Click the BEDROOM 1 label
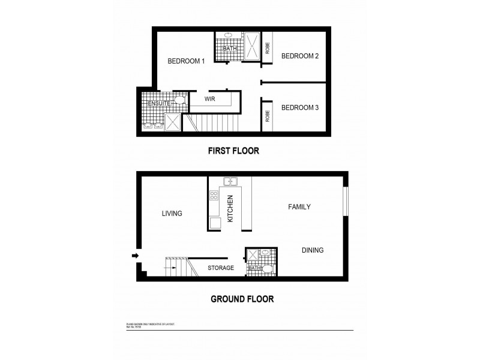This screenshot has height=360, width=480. click(x=186, y=61)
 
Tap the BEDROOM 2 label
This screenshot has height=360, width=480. click(x=299, y=56)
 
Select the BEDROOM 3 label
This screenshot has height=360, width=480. click(x=299, y=107)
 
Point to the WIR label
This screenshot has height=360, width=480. click(x=210, y=98)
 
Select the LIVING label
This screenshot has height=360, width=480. click(x=172, y=213)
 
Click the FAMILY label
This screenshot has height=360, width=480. click(x=299, y=207)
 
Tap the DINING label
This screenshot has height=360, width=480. click(x=313, y=250)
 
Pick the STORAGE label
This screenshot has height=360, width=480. click(x=221, y=268)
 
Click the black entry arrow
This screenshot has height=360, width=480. click(x=135, y=256)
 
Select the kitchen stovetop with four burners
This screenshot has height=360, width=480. click(x=214, y=194)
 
